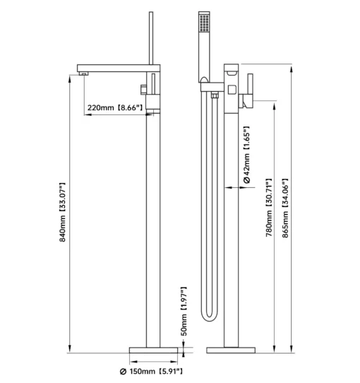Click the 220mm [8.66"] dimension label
point(115,107)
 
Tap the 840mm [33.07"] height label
point(63,212)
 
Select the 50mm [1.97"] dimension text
point(184,312)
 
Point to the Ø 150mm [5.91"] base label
point(151,372)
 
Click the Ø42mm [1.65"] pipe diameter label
point(246,155)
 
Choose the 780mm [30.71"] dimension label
point(269,208)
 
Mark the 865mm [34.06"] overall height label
point(285,208)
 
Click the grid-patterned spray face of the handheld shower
point(204,23)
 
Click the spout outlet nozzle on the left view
point(83,73)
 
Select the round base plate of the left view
point(153,350)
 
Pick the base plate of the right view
point(231,350)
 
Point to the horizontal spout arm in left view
point(119,68)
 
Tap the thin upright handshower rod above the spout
point(151,38)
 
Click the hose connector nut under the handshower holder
point(215,95)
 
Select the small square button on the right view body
point(232,90)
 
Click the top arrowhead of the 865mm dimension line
point(291,69)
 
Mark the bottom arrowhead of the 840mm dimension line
point(70,348)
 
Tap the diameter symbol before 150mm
point(124,372)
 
